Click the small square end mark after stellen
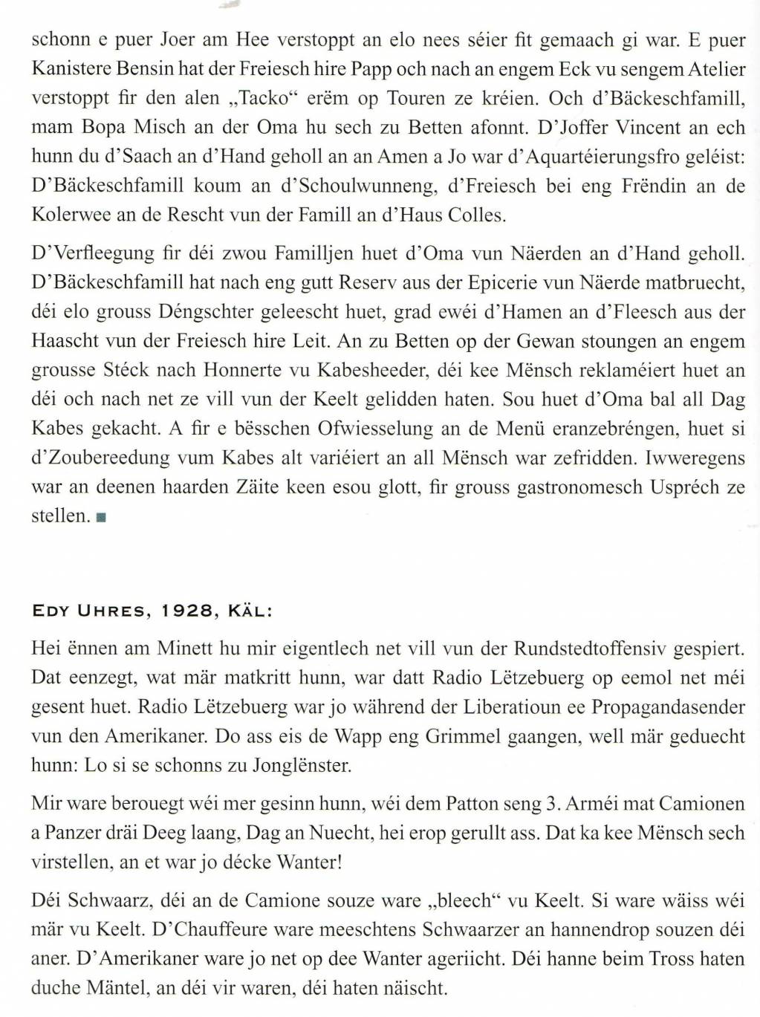[x=100, y=517]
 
